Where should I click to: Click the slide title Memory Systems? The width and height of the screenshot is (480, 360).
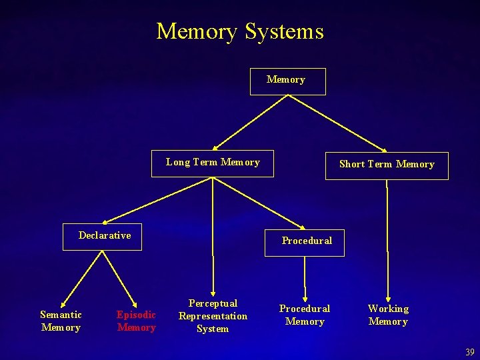point(240,31)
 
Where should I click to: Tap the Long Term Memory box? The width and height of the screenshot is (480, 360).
point(213,163)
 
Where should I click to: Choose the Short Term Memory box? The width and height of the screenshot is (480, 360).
point(387,165)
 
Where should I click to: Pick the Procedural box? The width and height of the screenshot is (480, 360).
point(306,241)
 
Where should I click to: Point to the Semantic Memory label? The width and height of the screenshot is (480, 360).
point(61,321)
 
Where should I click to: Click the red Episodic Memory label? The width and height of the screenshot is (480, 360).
point(136,321)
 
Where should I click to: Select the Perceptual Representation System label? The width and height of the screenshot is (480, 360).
point(213,316)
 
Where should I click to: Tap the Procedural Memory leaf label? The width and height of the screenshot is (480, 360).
point(305,315)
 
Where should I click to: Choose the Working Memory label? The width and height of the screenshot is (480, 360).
point(388,315)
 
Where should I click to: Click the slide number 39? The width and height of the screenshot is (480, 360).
point(470,352)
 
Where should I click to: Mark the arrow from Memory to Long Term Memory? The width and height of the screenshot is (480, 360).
point(250,122)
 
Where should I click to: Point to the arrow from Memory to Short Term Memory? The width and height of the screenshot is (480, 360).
point(337,123)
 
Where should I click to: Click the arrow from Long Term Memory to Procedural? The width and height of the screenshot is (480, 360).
point(257,202)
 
